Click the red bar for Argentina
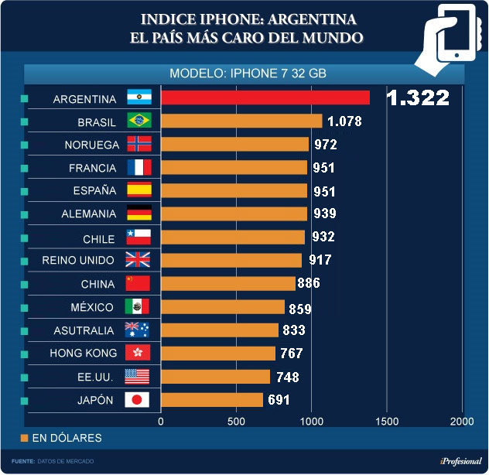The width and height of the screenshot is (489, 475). (x=265, y=97)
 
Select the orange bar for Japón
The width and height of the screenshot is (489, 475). (x=211, y=400)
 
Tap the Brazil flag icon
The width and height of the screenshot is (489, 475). (x=139, y=121)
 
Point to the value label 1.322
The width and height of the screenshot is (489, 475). (x=418, y=97)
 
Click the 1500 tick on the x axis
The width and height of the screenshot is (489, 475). (x=387, y=421)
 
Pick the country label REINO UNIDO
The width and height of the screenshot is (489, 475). (x=78, y=260)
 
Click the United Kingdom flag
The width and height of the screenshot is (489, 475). (x=139, y=260)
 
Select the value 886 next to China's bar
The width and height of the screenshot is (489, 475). (x=308, y=283)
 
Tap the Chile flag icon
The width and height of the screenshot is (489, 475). (x=139, y=237)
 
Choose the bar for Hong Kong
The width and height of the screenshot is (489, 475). (x=217, y=354)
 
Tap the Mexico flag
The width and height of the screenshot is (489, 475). (x=139, y=307)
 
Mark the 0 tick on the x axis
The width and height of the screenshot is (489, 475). (x=161, y=421)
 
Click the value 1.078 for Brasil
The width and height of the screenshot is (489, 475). (x=344, y=121)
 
